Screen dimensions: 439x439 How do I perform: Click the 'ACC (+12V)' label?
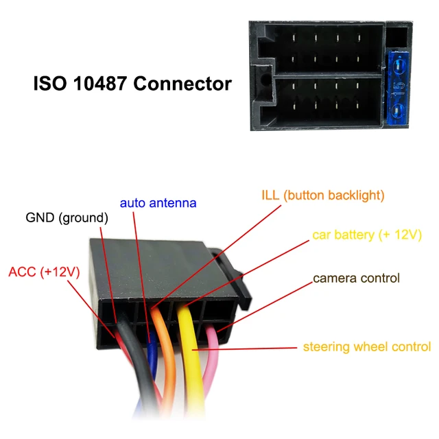(44, 272)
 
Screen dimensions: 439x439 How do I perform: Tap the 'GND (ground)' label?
(67, 218)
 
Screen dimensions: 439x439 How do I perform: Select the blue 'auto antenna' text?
(158, 203)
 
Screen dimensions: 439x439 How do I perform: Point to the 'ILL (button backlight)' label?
(323, 195)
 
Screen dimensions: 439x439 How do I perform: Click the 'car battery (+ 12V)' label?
(367, 235)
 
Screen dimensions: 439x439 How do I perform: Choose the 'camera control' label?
(356, 278)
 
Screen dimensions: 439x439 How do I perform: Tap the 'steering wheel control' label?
(367, 346)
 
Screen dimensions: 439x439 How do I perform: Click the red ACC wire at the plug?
(118, 336)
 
